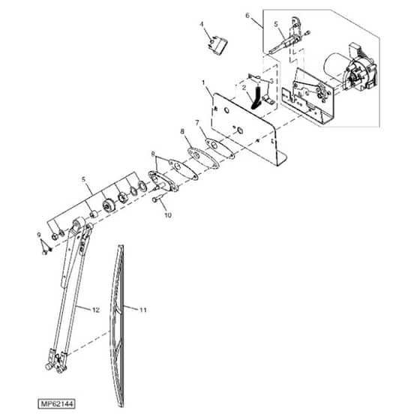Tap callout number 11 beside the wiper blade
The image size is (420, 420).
pos(143,310)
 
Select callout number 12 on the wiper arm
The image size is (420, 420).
pos(96,310)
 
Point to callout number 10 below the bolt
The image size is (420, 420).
pos(168,215)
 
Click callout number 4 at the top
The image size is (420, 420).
pos(202,24)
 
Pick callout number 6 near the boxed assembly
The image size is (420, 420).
pos(247,16)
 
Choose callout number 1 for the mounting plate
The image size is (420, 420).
pos(203,82)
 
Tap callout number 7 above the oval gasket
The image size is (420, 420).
pos(197,123)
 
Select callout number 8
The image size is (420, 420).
pos(182,131)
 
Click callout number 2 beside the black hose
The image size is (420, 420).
pos(244,88)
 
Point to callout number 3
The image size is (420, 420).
pos(271,81)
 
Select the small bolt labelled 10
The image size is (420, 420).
pos(157,199)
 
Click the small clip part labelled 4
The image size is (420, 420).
pos(218,46)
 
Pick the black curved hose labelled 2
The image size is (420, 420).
pos(256,97)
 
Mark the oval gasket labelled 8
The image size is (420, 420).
pos(203,158)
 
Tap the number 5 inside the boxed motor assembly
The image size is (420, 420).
pos(276,24)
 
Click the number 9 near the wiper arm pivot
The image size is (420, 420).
pos(39,235)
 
